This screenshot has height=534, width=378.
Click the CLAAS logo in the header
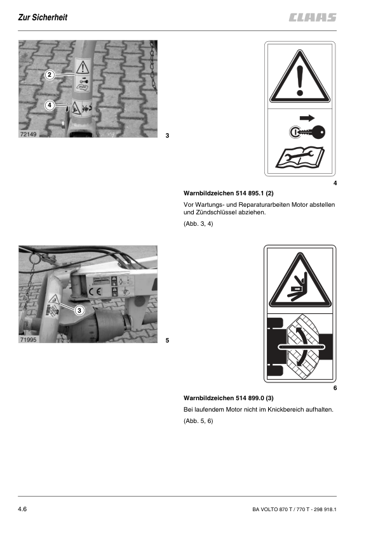[x=313, y=17]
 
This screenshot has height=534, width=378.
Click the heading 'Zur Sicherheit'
[x=43, y=17]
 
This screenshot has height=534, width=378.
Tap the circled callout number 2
[x=50, y=75]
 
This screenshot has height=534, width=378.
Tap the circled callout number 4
[x=50, y=105]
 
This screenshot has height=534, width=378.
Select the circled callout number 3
[x=79, y=310]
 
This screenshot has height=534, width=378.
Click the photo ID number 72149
[x=28, y=134]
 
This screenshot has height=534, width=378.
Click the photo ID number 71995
[x=28, y=339]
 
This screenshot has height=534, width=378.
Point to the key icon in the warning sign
[x=307, y=132]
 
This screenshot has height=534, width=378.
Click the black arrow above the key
[x=307, y=118]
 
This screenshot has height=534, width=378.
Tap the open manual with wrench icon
[x=300, y=158]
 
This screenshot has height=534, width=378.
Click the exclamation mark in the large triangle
[x=300, y=81]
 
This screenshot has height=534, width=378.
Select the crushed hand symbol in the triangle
[x=299, y=289]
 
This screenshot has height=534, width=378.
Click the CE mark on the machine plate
[x=95, y=292]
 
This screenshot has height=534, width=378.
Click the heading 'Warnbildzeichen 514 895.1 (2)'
[x=229, y=193]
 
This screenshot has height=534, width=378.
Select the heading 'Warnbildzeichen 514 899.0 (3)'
[x=229, y=398]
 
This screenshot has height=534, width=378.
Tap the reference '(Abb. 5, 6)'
[x=198, y=421]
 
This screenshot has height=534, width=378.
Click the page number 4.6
[x=22, y=509]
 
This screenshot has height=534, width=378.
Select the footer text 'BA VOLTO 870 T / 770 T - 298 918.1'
[x=294, y=509]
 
